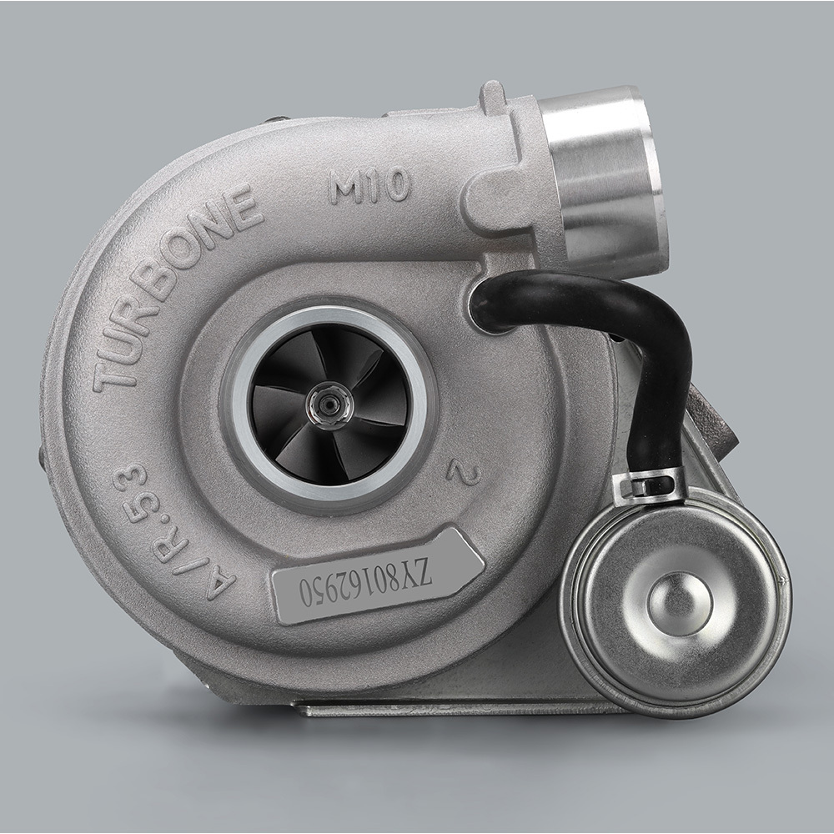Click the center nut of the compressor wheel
[329, 404]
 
